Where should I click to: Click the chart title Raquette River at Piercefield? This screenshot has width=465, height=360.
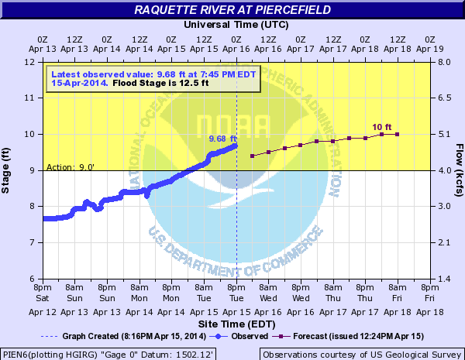click(232, 9)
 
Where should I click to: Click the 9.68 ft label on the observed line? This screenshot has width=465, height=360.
click(222, 139)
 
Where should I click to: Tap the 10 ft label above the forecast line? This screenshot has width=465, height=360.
click(381, 127)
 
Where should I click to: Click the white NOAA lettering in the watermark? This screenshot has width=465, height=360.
click(232, 125)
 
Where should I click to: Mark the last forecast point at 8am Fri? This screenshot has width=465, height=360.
click(398, 135)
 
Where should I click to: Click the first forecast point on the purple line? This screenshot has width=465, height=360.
click(253, 156)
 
